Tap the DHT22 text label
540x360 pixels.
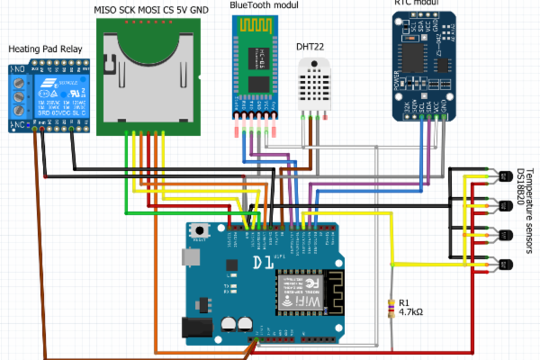pyautogui.click(x=312, y=45)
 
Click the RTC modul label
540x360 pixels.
pyautogui.click(x=418, y=4)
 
